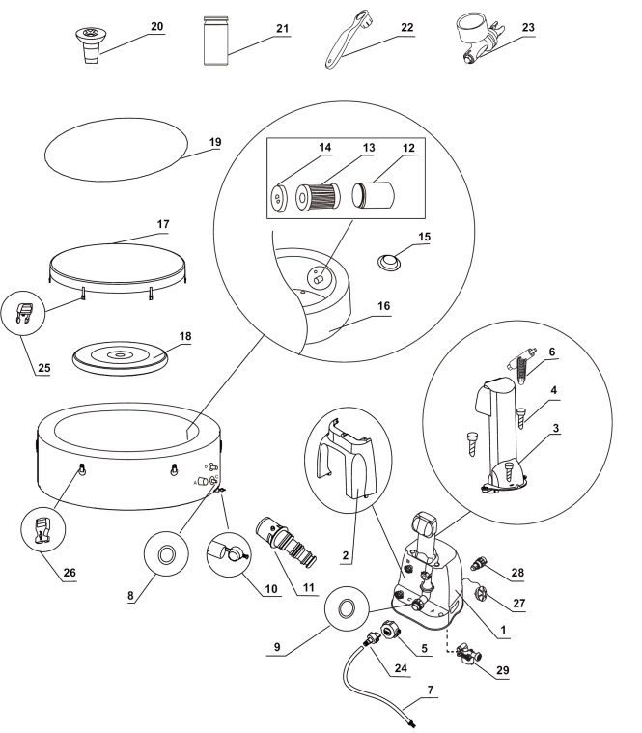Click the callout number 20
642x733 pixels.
click(157, 27)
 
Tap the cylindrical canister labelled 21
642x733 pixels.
click(216, 41)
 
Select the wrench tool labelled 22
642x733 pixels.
click(349, 42)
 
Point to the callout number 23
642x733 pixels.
click(528, 28)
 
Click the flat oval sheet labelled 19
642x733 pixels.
click(117, 150)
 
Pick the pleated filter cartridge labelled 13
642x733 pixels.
click(318, 196)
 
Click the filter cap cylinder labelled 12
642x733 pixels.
click(373, 195)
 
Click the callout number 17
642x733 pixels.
click(163, 224)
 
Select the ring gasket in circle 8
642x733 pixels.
click(166, 554)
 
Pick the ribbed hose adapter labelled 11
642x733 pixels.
click(288, 541)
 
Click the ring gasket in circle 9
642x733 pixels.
click(347, 607)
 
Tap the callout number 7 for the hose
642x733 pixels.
click(431, 690)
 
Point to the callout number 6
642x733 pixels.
click(552, 352)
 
